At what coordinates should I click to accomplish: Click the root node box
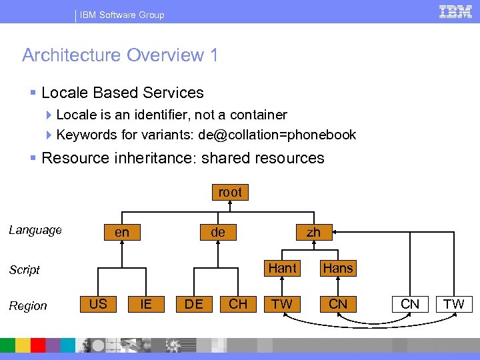click(x=230, y=193)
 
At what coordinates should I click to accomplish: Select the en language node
click(x=122, y=233)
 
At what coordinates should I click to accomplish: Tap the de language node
click(x=218, y=233)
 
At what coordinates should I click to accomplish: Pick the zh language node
click(x=313, y=233)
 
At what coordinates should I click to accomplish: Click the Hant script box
click(x=282, y=268)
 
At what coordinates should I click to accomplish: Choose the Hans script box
click(x=338, y=268)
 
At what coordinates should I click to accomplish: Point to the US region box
click(x=98, y=303)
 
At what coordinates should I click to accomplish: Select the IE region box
click(x=146, y=304)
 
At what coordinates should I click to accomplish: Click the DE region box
click(x=194, y=304)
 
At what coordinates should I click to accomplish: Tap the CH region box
click(x=238, y=304)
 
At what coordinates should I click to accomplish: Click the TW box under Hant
click(x=282, y=304)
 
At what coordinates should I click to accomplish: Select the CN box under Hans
click(x=338, y=304)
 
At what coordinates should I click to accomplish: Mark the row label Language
click(x=35, y=230)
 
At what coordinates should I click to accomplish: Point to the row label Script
click(x=25, y=269)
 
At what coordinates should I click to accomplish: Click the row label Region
click(x=28, y=305)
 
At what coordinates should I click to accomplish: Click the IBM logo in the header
click(x=455, y=12)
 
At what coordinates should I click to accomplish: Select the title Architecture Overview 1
click(x=120, y=55)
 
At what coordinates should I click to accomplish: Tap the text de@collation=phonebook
click(x=277, y=135)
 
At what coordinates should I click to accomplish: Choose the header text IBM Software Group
click(x=122, y=15)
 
